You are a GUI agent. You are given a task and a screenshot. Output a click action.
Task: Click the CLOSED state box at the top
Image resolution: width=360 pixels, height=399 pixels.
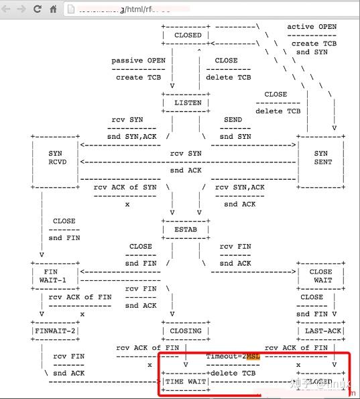187,35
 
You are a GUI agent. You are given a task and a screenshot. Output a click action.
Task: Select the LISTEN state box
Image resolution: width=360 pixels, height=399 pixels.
187,103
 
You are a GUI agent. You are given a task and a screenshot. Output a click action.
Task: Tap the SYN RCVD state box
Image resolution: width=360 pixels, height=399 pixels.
55,158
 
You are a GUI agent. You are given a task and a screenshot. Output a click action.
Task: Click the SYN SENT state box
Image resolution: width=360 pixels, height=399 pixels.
321,158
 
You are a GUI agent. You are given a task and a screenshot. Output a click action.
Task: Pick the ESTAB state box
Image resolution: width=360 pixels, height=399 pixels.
186,230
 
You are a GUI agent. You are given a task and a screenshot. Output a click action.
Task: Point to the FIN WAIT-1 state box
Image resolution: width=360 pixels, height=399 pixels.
55,276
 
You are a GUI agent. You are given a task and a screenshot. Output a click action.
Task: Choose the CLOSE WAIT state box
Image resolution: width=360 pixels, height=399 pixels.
320,276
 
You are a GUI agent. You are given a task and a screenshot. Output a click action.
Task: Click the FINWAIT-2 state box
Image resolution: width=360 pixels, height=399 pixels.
55,331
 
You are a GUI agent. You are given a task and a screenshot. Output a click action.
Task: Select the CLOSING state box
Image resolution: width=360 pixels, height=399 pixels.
186,331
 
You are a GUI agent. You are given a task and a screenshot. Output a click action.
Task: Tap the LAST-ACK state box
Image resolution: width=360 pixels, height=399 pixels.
320,331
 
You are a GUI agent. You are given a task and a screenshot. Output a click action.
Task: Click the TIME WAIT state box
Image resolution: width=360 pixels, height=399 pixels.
186,382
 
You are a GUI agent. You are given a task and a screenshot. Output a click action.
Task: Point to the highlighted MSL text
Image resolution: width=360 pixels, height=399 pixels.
253,356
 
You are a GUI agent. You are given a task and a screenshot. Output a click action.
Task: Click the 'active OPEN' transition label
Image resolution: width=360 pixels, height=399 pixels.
312,27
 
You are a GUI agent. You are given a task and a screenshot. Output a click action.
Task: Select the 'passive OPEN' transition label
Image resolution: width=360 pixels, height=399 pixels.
138,60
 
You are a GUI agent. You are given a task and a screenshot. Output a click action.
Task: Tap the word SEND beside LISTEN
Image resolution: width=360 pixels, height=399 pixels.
233,119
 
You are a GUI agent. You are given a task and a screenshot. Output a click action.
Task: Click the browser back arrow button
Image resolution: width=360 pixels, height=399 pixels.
7,9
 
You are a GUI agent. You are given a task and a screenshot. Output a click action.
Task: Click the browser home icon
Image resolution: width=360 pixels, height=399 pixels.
53,9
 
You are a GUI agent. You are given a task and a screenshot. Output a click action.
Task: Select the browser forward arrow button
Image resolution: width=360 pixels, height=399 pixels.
22,9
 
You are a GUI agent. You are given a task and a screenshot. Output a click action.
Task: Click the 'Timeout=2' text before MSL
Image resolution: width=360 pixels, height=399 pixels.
225,356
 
